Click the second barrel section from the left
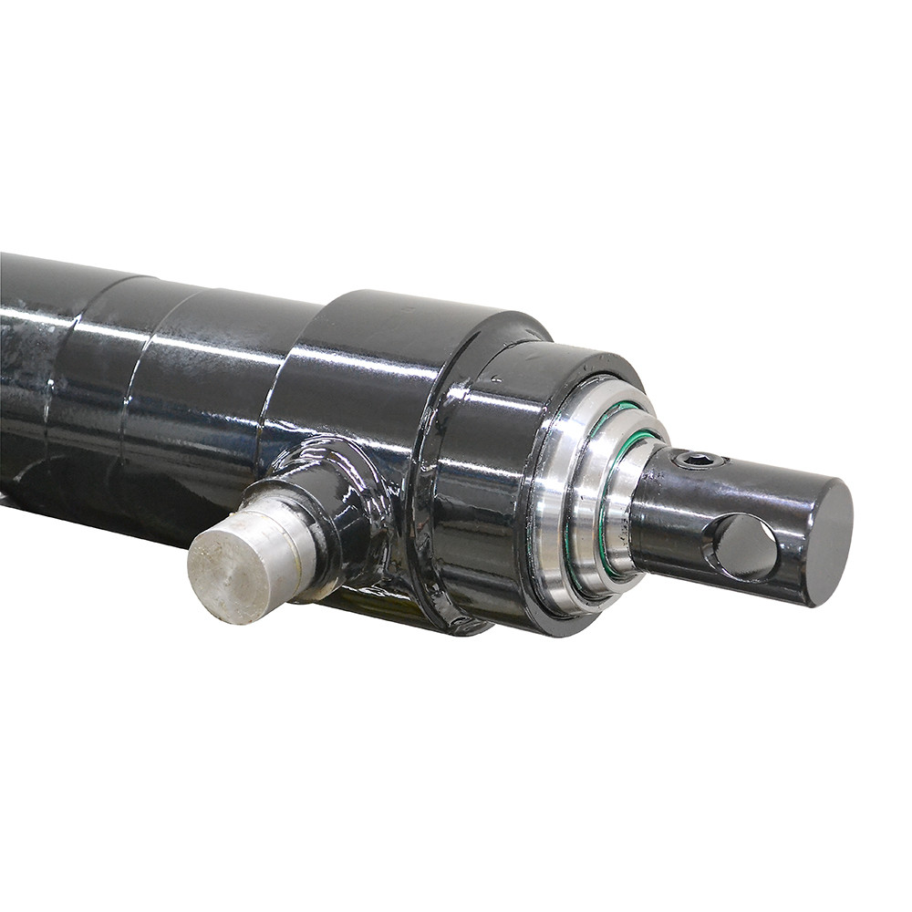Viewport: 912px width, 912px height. [x=91, y=383]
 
